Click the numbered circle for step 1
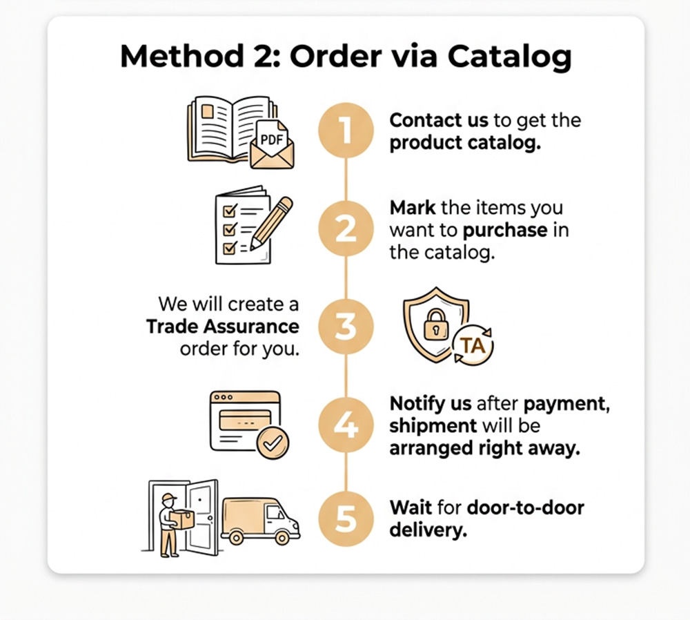click(346, 130)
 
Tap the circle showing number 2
click(346, 229)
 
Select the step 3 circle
click(346, 327)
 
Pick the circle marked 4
click(346, 425)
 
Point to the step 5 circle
click(346, 519)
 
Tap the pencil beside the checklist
click(271, 224)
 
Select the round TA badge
click(473, 346)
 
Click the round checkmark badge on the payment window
click(273, 443)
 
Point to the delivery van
click(261, 521)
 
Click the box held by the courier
click(181, 519)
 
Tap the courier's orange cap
click(169, 497)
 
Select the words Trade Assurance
click(223, 327)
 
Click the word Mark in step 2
click(413, 207)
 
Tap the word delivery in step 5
click(428, 530)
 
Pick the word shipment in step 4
click(433, 426)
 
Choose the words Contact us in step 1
click(439, 120)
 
